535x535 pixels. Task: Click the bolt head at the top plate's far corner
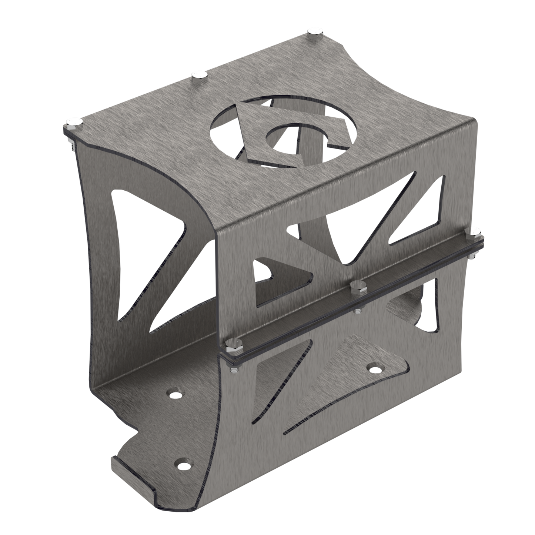tap(315, 31)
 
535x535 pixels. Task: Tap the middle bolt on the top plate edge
tap(200, 74)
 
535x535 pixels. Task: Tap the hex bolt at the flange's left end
tap(232, 344)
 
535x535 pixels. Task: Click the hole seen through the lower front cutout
tap(375, 369)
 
